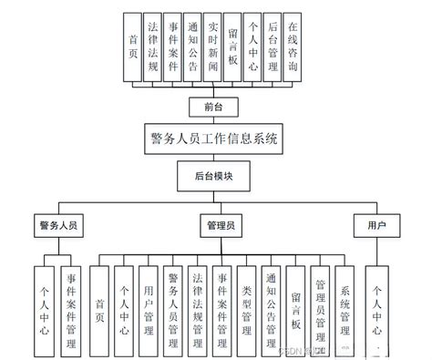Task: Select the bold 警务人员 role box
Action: point(56,224)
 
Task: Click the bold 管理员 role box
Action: point(221,224)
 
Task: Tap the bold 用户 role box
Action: point(375,224)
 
